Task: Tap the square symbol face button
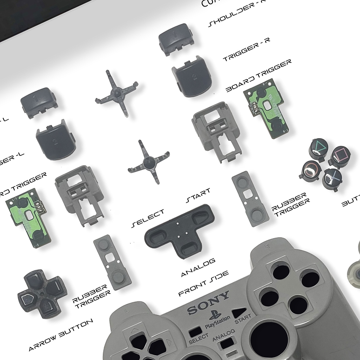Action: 340,157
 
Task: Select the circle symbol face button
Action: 310,171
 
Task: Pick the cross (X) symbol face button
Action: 333,178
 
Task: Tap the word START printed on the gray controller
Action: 242,319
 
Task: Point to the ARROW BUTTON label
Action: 60,334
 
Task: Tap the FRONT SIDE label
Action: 204,283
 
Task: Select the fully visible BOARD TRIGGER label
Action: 259,75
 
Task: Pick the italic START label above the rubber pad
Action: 198,195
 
